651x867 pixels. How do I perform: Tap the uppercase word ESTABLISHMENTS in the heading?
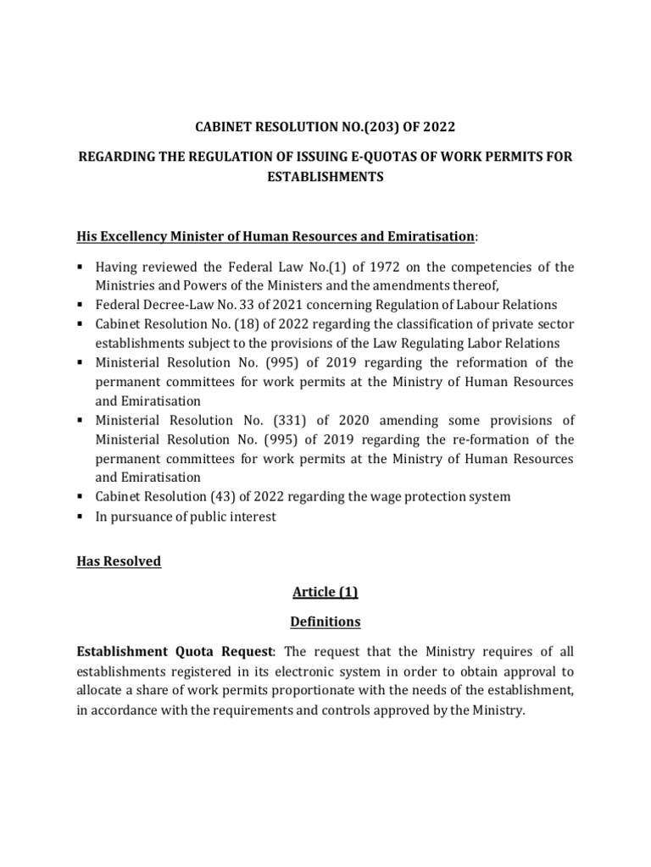(325, 178)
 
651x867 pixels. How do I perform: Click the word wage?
(390, 497)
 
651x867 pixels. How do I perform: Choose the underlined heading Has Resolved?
(118, 561)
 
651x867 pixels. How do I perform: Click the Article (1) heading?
(325, 592)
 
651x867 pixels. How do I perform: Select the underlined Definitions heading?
(325, 621)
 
